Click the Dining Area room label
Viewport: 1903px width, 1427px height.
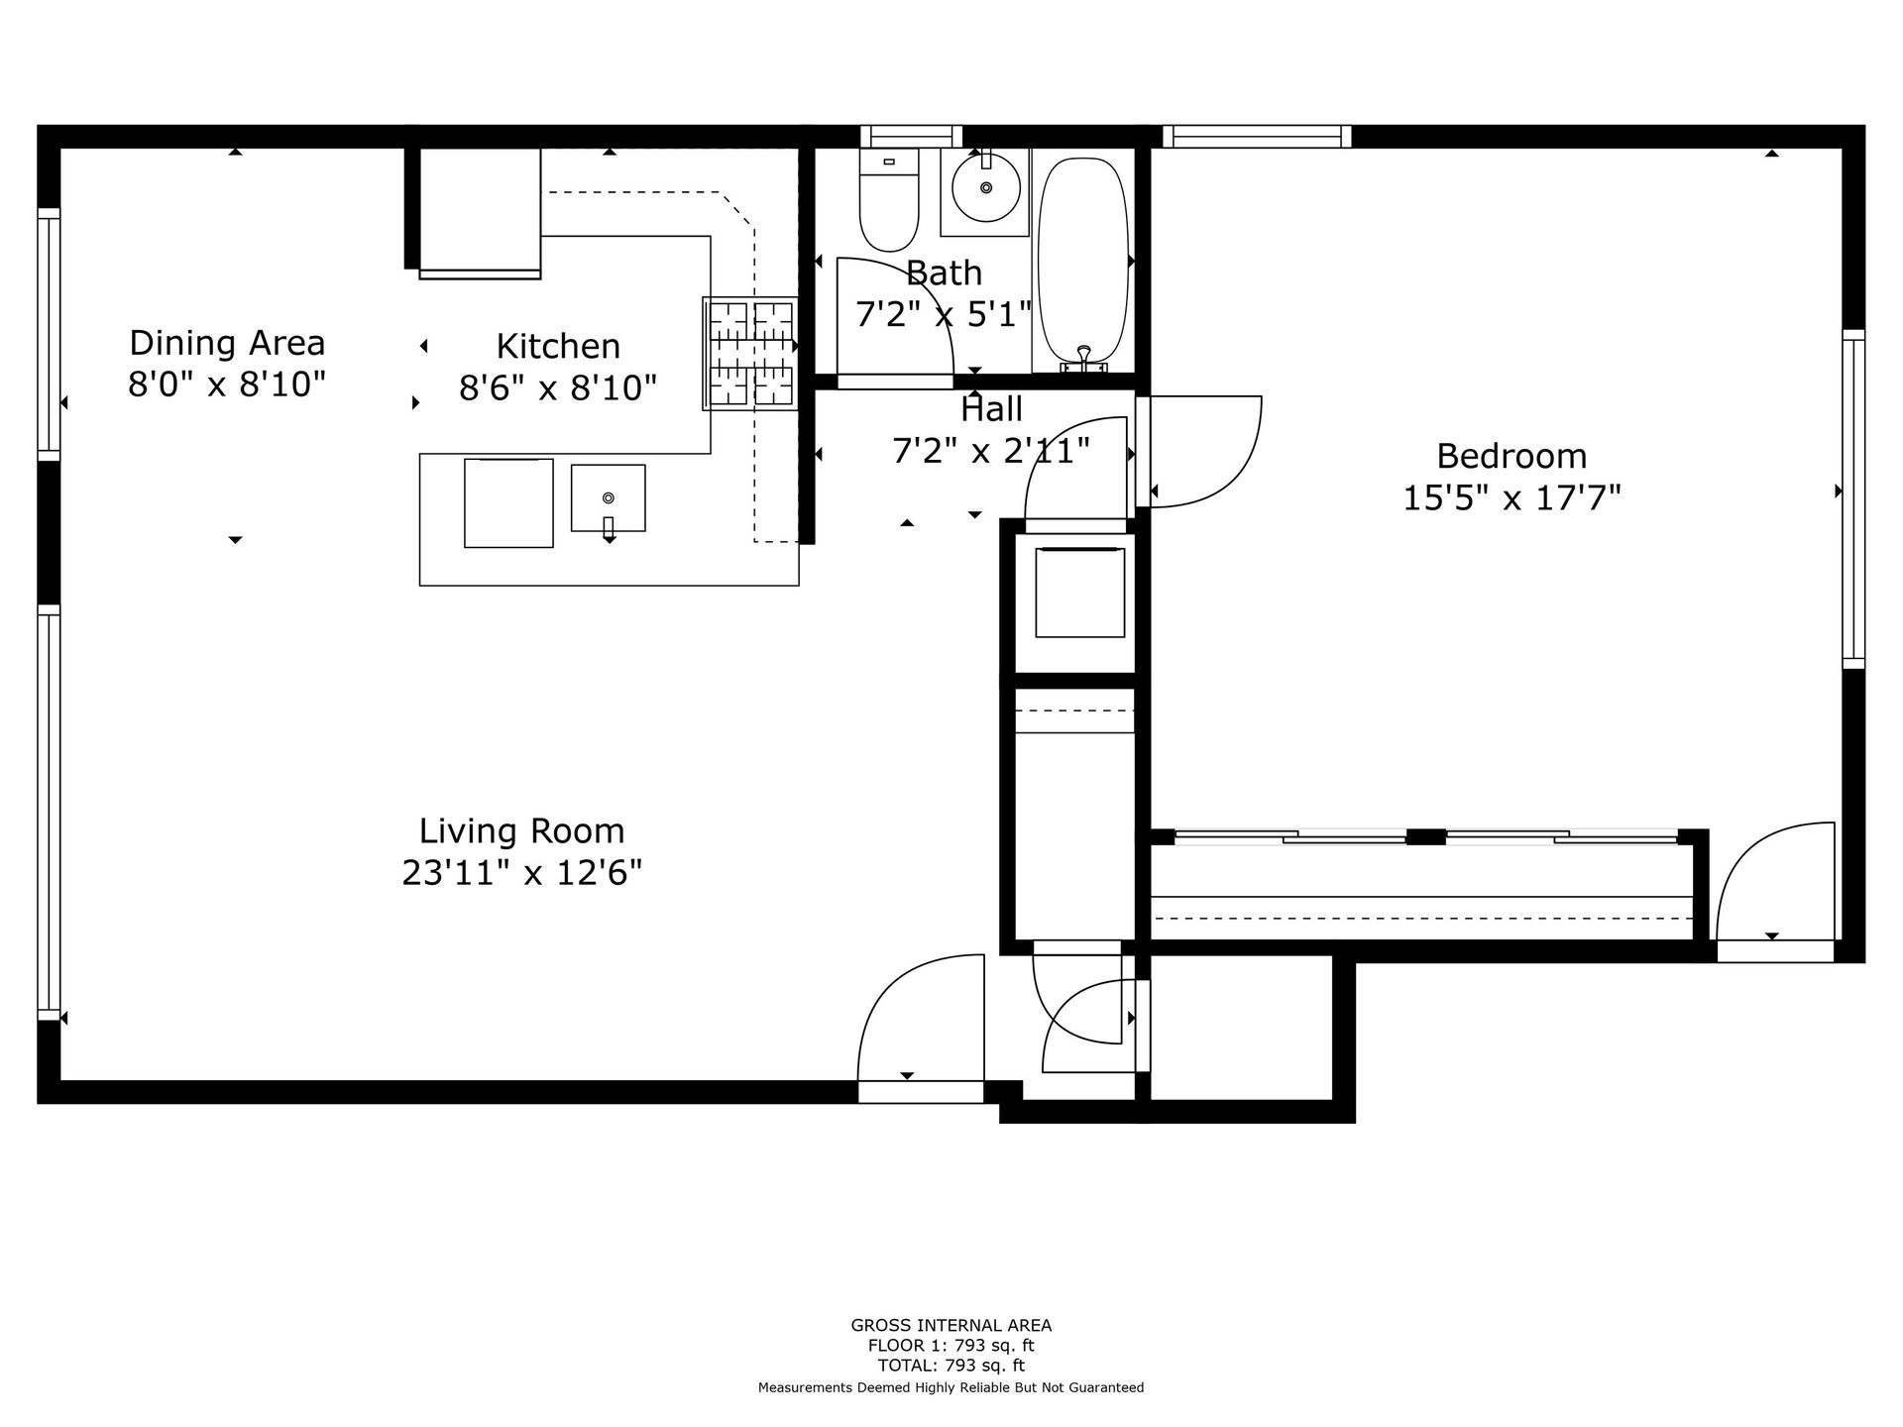pos(227,343)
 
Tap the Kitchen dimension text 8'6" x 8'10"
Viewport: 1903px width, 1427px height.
pos(558,387)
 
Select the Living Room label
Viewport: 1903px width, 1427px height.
pos(522,830)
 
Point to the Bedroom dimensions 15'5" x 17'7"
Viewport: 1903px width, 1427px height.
pos(1511,496)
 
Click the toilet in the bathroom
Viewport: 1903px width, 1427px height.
pos(889,200)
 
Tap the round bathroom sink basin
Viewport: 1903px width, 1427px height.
pos(985,187)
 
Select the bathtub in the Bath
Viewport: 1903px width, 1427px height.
pos(1082,263)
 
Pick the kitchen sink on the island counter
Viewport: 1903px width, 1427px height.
pos(608,498)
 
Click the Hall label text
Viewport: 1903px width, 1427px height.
pos(991,408)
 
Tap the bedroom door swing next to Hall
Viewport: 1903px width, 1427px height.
pos(1204,452)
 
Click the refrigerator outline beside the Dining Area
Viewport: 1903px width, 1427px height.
pos(480,212)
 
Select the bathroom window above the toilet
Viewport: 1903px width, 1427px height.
pos(911,137)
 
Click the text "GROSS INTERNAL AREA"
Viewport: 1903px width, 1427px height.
pos(951,1325)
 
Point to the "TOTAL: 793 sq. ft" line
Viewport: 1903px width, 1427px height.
pos(951,1366)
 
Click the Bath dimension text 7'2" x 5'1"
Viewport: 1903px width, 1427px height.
pos(944,314)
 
